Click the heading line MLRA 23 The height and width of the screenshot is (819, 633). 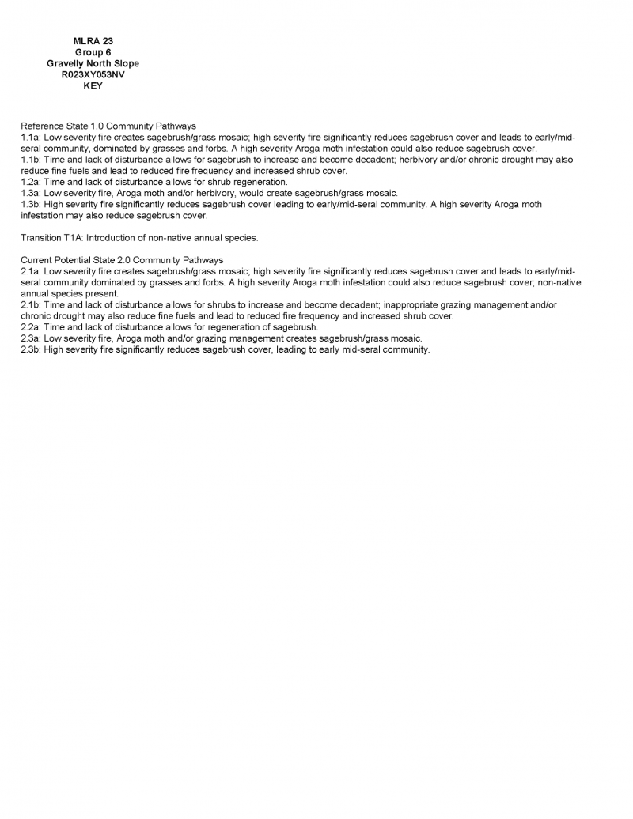(x=93, y=41)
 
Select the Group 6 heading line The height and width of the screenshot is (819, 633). (x=93, y=52)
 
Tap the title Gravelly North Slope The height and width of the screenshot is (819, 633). (x=93, y=63)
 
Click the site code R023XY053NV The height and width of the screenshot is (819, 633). (x=93, y=75)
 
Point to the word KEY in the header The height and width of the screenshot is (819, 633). (x=93, y=86)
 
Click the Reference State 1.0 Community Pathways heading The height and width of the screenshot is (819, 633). (x=108, y=126)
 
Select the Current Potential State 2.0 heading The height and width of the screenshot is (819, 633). (x=122, y=260)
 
